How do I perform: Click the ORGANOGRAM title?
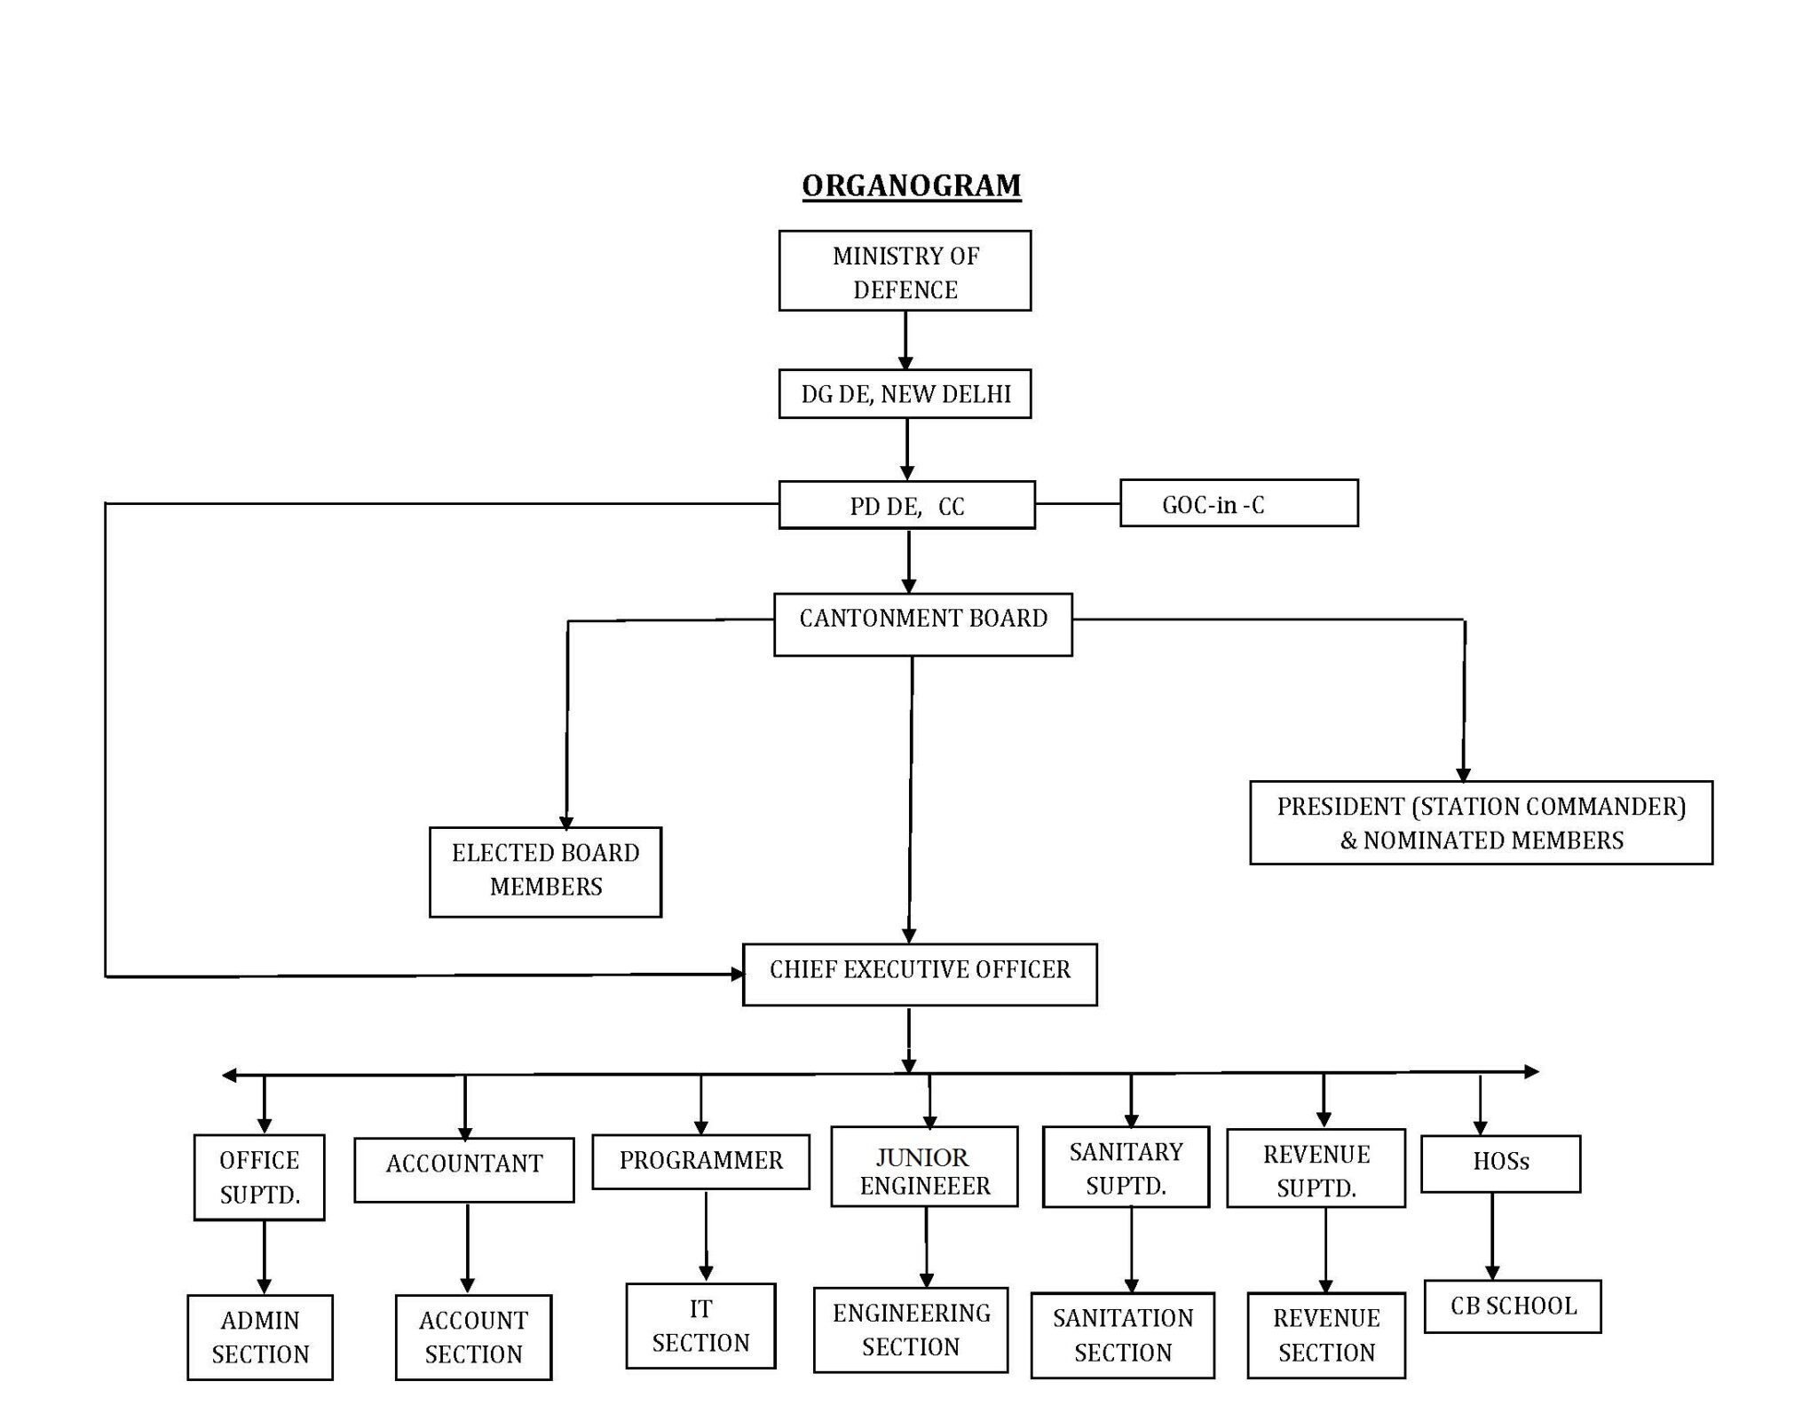(911, 185)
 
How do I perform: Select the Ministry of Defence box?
(905, 271)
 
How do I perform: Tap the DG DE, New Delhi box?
(905, 394)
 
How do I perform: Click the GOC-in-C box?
(1238, 504)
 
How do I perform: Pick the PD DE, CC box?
(906, 506)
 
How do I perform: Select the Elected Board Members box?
(545, 872)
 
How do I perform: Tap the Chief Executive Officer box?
(920, 975)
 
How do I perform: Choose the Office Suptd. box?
(259, 1177)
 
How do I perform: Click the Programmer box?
(700, 1161)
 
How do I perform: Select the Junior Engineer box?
(924, 1166)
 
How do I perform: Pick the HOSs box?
(1500, 1163)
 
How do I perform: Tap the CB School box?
(1513, 1306)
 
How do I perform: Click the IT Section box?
(700, 1325)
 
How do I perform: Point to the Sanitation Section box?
(1122, 1335)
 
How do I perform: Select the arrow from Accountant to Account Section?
(467, 1248)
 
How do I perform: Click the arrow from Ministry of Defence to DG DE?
(905, 340)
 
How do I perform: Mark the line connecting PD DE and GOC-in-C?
(1077, 504)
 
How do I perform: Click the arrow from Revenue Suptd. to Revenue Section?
(1325, 1250)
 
